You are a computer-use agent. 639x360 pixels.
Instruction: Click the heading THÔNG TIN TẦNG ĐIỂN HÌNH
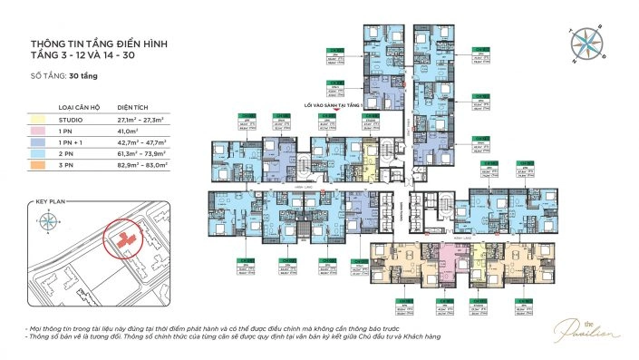99,44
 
